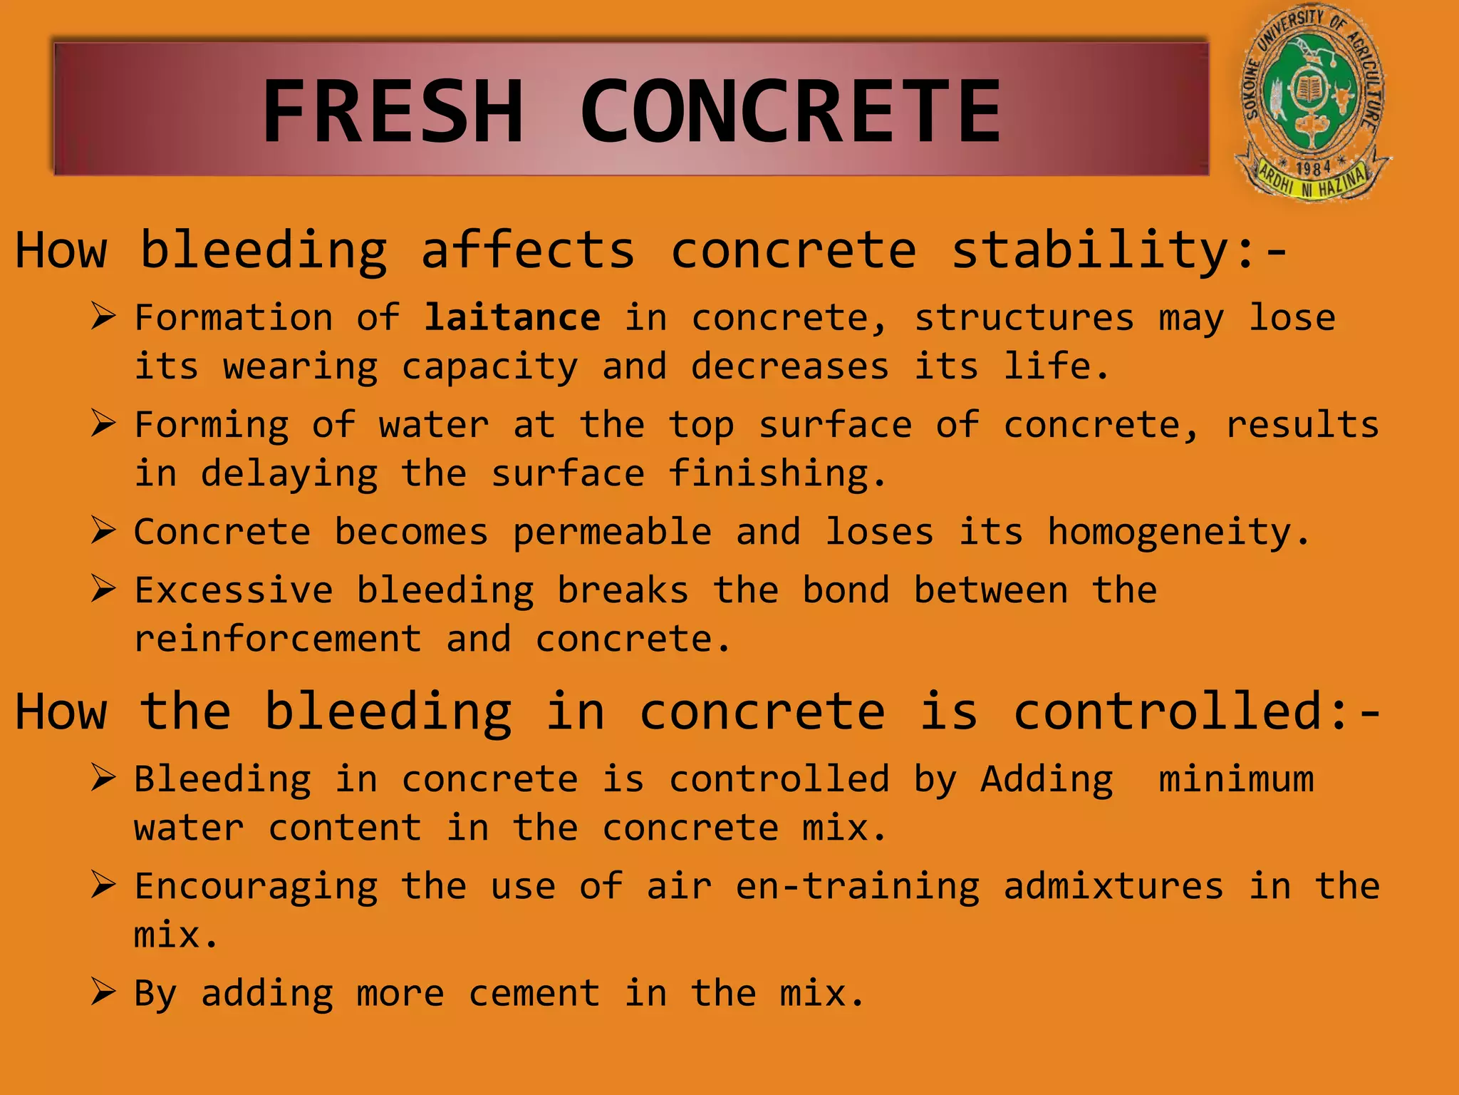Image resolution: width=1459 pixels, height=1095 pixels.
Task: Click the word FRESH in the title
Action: coord(393,111)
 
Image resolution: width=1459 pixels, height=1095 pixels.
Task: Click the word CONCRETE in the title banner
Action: coord(791,111)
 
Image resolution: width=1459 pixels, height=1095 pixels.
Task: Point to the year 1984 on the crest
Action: coord(1313,168)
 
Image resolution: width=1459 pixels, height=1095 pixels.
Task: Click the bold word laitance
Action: coord(512,317)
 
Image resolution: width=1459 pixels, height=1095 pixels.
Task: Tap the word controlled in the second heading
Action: coord(1168,711)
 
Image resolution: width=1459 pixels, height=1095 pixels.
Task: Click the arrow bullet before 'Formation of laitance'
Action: coord(103,316)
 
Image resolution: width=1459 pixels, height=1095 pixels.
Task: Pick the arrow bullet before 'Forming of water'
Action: coord(103,423)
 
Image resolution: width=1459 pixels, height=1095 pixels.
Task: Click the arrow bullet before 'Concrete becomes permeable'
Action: coord(103,530)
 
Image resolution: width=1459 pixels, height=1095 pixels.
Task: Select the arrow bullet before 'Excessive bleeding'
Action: coord(103,589)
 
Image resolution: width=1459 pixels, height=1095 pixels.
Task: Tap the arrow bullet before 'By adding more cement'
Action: coord(103,992)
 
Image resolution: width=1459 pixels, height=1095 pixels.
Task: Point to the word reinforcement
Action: coord(278,639)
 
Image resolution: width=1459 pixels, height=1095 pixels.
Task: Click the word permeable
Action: coord(612,533)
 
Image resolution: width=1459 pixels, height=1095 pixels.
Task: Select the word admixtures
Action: coord(1113,886)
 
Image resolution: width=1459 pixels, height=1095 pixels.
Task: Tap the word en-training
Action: coord(858,886)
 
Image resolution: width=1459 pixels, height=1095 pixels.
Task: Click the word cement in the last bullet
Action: coord(534,993)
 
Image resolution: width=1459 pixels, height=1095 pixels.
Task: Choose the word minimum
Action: coord(1236,778)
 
